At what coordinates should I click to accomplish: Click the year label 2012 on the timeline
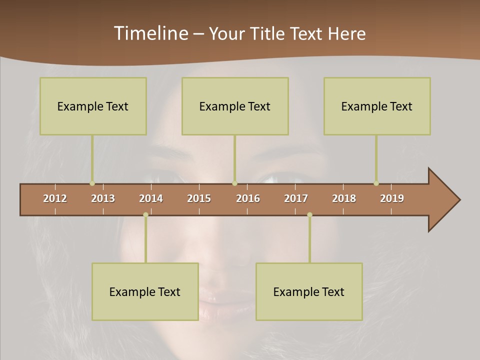(x=55, y=198)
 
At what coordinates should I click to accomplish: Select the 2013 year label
(x=103, y=198)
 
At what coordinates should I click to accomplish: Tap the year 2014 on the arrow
(x=151, y=198)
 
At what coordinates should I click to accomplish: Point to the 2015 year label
(x=199, y=198)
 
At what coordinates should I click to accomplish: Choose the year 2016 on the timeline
(x=248, y=198)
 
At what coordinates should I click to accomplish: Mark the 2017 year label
(x=296, y=198)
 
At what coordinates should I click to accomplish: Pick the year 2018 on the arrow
(x=344, y=198)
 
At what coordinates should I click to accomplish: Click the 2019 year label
(x=392, y=198)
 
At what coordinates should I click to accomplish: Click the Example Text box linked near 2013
(x=93, y=106)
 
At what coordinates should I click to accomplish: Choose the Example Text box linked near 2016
(x=235, y=106)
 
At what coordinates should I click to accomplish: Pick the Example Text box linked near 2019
(x=377, y=106)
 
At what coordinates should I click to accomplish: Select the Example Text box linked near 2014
(x=145, y=291)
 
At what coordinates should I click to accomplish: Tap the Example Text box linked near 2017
(x=309, y=291)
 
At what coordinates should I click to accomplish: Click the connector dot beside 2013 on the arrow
(x=92, y=183)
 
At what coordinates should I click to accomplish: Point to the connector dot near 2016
(x=234, y=183)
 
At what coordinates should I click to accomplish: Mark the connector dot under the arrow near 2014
(x=145, y=214)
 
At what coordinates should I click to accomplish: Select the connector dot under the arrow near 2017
(x=309, y=214)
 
